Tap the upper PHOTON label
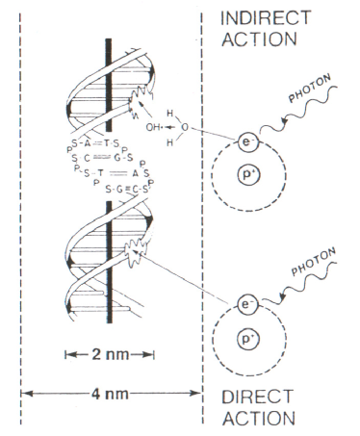click(310, 93)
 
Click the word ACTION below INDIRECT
click(256, 41)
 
